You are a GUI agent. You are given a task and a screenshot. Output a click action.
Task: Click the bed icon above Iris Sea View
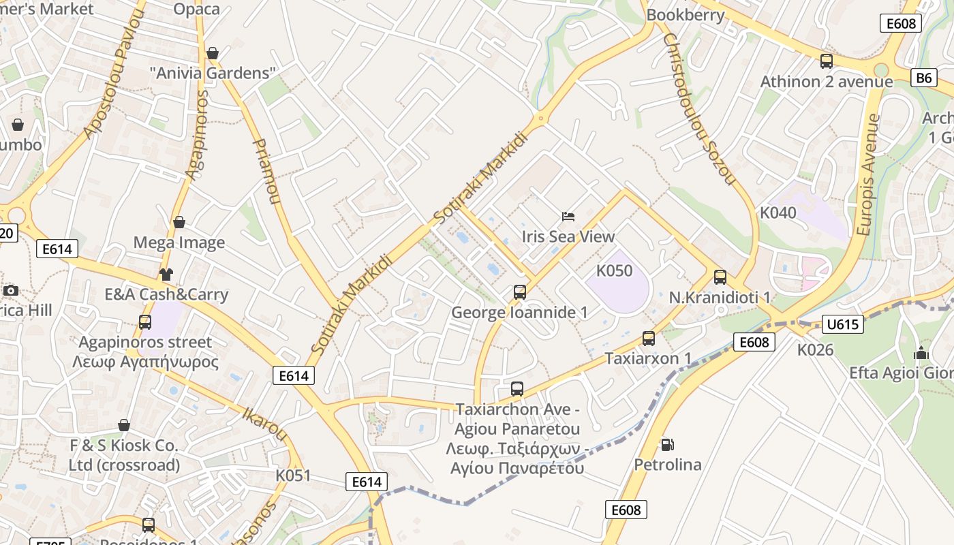pyautogui.click(x=568, y=217)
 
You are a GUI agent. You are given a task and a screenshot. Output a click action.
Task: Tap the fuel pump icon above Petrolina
pyautogui.click(x=667, y=445)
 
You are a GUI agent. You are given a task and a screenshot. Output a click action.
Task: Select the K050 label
pyautogui.click(x=614, y=270)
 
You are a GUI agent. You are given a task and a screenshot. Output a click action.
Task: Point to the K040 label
pyautogui.click(x=778, y=213)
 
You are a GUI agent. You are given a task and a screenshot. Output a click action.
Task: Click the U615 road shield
pyautogui.click(x=842, y=324)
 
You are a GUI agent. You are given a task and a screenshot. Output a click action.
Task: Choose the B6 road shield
pyautogui.click(x=923, y=78)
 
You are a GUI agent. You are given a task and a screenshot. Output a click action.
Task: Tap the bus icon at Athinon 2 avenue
pyautogui.click(x=826, y=61)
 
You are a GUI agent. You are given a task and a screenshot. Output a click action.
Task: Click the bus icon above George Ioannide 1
pyautogui.click(x=519, y=292)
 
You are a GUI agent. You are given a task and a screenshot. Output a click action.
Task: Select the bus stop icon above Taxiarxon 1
pyautogui.click(x=648, y=339)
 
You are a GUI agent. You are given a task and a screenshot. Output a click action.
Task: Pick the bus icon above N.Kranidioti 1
pyautogui.click(x=720, y=277)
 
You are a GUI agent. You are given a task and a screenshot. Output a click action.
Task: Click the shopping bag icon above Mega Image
pyautogui.click(x=179, y=222)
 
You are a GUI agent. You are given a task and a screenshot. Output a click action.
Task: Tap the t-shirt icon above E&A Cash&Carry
pyautogui.click(x=166, y=275)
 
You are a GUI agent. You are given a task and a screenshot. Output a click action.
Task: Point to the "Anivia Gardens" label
pyautogui.click(x=213, y=73)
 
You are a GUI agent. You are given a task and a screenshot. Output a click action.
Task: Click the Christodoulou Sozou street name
pyautogui.click(x=698, y=109)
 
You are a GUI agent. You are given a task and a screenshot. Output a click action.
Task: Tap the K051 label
pyautogui.click(x=293, y=475)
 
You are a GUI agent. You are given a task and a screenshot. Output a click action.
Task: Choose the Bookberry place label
pyautogui.click(x=685, y=15)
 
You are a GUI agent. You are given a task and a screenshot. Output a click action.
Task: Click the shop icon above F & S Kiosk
pyautogui.click(x=123, y=426)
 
